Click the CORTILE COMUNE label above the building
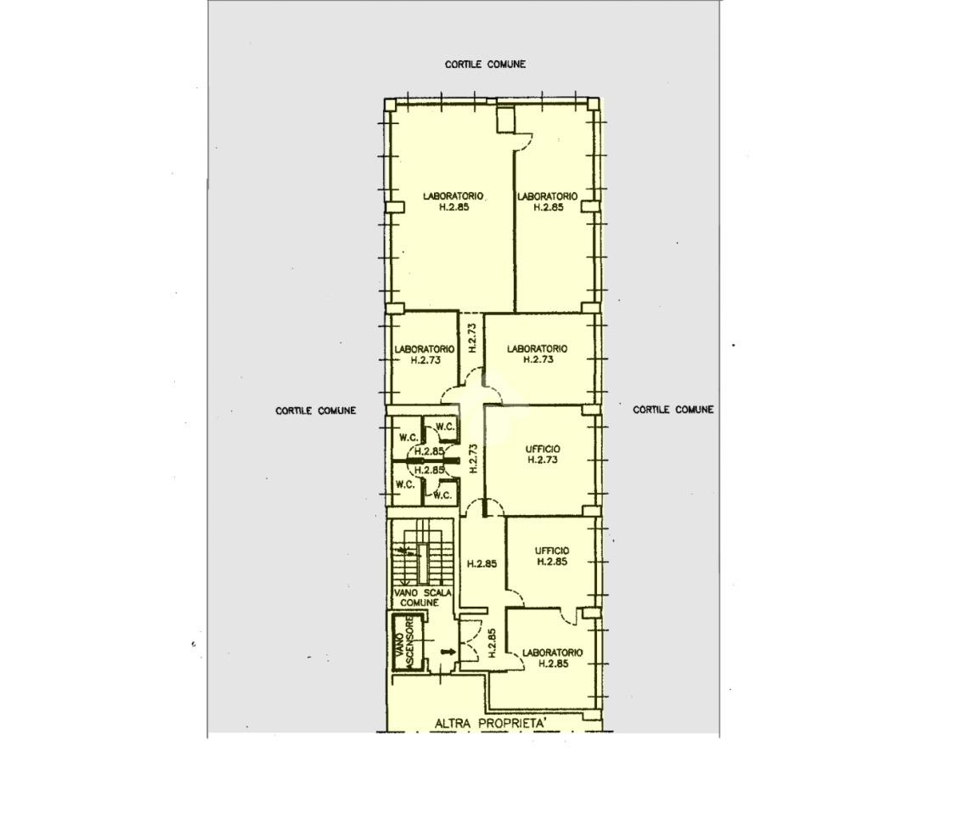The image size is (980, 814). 485,65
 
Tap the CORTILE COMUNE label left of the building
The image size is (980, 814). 316,410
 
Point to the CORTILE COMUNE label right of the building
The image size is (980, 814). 673,410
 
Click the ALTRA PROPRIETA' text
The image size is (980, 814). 491,723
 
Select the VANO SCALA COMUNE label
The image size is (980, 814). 422,597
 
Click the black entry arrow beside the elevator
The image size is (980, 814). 448,653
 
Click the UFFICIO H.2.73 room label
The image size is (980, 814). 543,455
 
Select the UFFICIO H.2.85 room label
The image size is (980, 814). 552,557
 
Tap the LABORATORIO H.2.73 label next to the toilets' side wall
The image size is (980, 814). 424,354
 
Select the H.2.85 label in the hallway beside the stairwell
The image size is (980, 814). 482,563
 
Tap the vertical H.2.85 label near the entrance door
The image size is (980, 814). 492,643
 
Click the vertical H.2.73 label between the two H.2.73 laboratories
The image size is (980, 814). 472,337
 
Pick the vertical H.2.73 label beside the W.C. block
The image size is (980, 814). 473,458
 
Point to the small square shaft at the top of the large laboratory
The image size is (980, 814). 505,119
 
